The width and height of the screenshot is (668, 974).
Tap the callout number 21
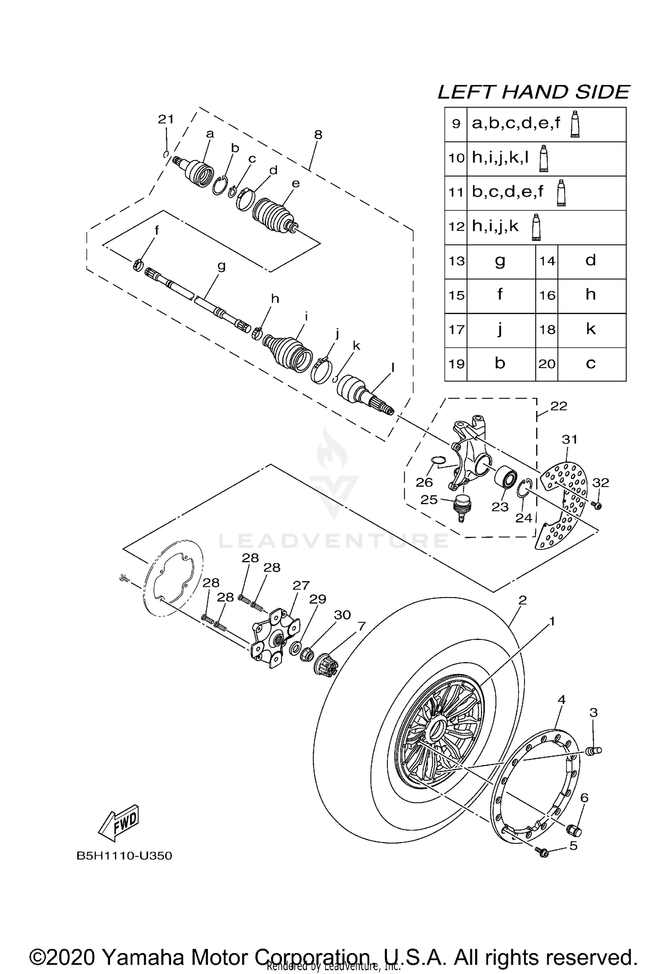pyautogui.click(x=166, y=119)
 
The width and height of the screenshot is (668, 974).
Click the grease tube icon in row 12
pyautogui.click(x=537, y=228)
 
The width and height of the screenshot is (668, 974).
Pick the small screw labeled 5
pyautogui.click(x=544, y=852)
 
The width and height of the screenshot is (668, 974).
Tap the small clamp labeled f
pyautogui.click(x=138, y=265)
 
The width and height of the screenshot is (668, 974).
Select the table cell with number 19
pyautogui.click(x=456, y=364)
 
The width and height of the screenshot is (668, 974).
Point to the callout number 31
pyautogui.click(x=570, y=439)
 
